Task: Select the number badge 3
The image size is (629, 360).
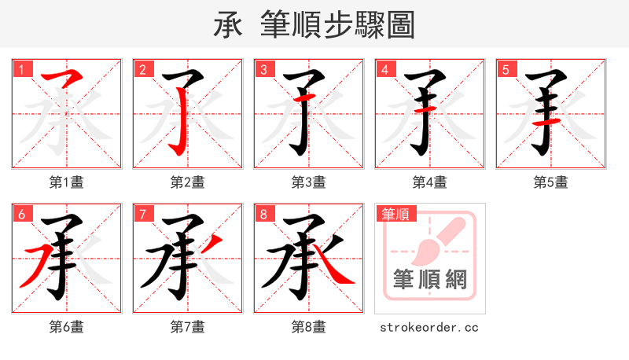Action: click(x=264, y=69)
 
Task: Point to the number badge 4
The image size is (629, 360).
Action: click(x=385, y=69)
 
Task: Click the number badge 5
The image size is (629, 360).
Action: click(x=506, y=69)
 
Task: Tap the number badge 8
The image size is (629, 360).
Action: click(x=264, y=214)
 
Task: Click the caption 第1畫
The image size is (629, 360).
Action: click(x=67, y=182)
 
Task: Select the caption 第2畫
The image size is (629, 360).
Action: click(x=188, y=182)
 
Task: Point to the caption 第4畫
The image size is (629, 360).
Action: click(x=430, y=182)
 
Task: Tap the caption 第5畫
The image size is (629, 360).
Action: click(x=551, y=182)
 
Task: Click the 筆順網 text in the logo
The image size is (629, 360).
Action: click(x=429, y=280)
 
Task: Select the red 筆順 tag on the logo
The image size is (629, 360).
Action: click(x=395, y=213)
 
